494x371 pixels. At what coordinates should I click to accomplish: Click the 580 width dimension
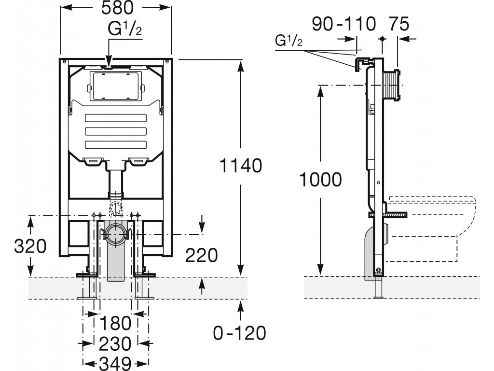117,9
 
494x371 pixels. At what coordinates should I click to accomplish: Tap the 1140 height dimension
240,165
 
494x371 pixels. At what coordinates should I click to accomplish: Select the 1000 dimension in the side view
320,180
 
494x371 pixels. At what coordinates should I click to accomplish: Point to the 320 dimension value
30,246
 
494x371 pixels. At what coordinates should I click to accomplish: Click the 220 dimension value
201,255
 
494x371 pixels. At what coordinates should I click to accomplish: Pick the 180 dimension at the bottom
115,323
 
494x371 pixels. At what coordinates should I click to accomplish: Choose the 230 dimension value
115,343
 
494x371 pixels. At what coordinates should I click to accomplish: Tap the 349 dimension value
115,364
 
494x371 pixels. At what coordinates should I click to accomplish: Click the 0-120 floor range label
240,333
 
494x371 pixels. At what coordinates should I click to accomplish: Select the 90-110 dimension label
343,24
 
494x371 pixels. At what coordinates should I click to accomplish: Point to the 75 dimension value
398,24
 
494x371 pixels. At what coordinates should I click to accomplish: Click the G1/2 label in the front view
125,29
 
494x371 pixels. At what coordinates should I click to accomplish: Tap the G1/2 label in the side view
288,41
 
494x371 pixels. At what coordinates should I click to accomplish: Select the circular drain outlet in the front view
116,234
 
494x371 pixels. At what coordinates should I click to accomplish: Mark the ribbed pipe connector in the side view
391,85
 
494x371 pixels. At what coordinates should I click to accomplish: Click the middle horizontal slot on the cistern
116,131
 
